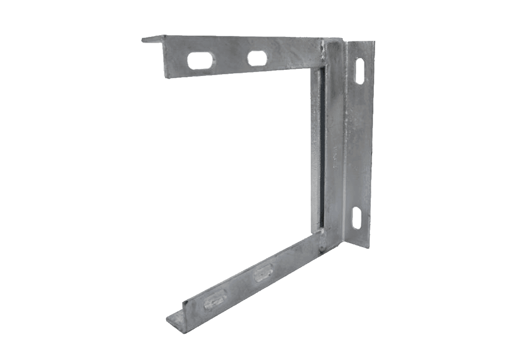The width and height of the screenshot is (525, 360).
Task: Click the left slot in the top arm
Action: coord(199,61)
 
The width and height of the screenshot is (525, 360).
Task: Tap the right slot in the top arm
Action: coord(257,58)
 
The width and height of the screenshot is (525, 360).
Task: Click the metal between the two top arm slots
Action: coord(228,60)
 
